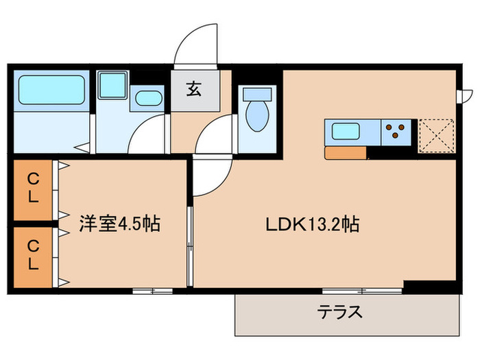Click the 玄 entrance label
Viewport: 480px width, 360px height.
pyautogui.click(x=193, y=88)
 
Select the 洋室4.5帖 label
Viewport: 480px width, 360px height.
pyautogui.click(x=120, y=224)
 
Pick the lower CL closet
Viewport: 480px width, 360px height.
pyautogui.click(x=32, y=254)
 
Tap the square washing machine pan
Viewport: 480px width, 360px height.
pyautogui.click(x=110, y=86)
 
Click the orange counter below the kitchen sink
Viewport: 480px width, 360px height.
pyautogui.click(x=346, y=153)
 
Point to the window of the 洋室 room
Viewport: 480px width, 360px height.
pyautogui.click(x=152, y=290)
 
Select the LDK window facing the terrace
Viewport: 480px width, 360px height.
pyautogui.click(x=352, y=290)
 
